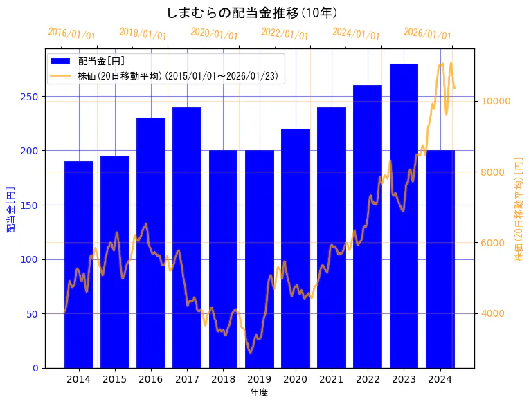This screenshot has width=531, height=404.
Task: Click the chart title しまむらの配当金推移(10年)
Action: pyautogui.click(x=252, y=13)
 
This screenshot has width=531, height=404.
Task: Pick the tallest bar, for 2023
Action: pyautogui.click(x=404, y=215)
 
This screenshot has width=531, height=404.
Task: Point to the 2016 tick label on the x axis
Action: pyautogui.click(x=151, y=379)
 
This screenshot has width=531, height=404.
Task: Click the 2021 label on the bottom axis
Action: pyautogui.click(x=332, y=379)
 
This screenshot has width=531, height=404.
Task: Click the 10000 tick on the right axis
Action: pyautogui.click(x=496, y=101)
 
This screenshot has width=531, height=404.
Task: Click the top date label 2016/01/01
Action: pyautogui.click(x=71, y=34)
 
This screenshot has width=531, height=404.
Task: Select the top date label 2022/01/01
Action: pyautogui.click(x=285, y=34)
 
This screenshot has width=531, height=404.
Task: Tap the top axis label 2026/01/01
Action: pyautogui.click(x=427, y=34)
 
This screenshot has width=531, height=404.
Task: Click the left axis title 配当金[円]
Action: pyautogui.click(x=10, y=208)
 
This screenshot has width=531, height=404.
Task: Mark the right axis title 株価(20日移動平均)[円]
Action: pyautogui.click(x=519, y=208)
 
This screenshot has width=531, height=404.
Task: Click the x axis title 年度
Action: pyautogui.click(x=259, y=392)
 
